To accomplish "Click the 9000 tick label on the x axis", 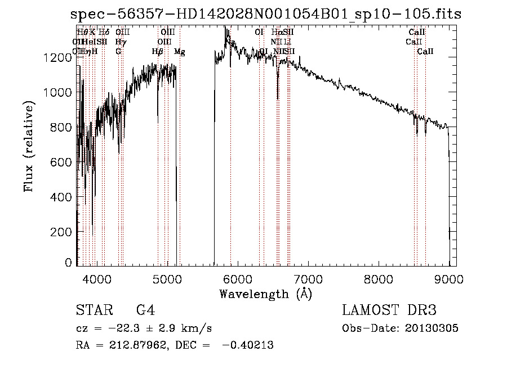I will pyautogui.click(x=449, y=278).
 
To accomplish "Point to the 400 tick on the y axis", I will pyautogui.click(x=63, y=197).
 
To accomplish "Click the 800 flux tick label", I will pyautogui.click(x=63, y=128).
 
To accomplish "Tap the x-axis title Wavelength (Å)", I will pyautogui.click(x=265, y=294).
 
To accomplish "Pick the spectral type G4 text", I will pyautogui.click(x=145, y=310).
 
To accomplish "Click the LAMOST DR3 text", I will pyautogui.click(x=389, y=310).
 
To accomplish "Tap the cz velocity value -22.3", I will pyautogui.click(x=119, y=328).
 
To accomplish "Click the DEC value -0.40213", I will pyautogui.click(x=248, y=345).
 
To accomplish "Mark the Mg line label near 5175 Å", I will pyautogui.click(x=180, y=52).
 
